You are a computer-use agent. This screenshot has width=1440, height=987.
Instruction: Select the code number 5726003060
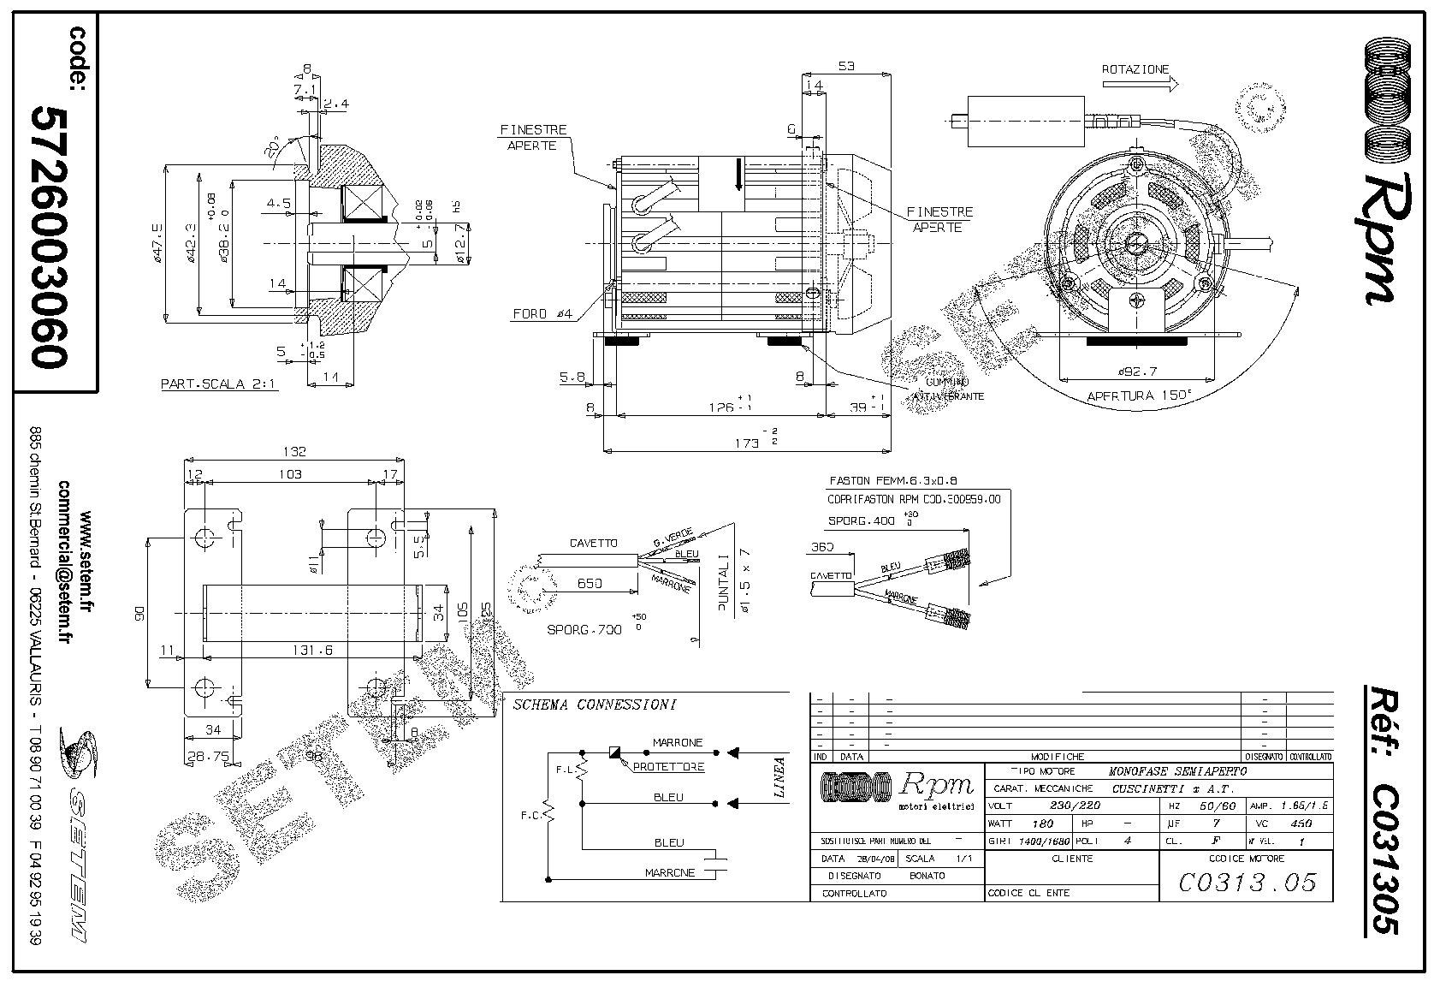(50, 237)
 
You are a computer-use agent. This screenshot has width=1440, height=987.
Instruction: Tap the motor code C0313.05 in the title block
(1247, 881)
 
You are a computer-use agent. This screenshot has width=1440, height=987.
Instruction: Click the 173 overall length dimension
(747, 443)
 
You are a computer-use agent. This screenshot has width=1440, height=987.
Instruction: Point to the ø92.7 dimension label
(1137, 372)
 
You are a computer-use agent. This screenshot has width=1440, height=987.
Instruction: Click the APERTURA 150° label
(1138, 396)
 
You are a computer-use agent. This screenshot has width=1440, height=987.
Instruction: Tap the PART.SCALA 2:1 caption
(218, 384)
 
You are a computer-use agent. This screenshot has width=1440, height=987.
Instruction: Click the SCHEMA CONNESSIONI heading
(594, 705)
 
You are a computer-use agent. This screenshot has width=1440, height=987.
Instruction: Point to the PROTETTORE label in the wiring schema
(668, 767)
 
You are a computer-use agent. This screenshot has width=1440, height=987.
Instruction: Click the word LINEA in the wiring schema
(779, 777)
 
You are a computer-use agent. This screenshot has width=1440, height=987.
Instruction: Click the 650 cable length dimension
(589, 583)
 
